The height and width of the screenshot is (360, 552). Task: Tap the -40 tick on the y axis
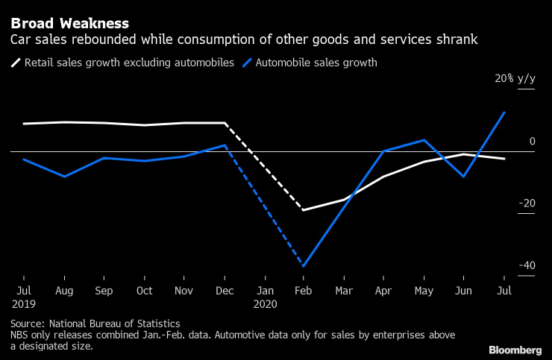[527, 265]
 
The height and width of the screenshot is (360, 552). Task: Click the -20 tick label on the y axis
[527, 203]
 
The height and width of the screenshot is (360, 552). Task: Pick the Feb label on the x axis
[304, 290]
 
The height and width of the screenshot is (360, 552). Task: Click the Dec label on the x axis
[225, 290]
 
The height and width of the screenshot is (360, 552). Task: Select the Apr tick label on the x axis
[384, 290]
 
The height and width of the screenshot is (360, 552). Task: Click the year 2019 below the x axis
[24, 304]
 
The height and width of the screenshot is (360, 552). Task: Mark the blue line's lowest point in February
[304, 266]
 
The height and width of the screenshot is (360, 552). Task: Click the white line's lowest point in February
[304, 210]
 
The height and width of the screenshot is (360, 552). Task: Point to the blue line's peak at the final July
[505, 113]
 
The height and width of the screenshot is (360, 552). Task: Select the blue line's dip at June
[465, 177]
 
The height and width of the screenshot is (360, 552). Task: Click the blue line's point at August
[64, 177]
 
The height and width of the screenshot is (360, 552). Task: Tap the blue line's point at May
[424, 140]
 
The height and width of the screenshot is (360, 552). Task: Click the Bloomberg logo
[515, 349]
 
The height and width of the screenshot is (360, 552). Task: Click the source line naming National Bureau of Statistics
[95, 323]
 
